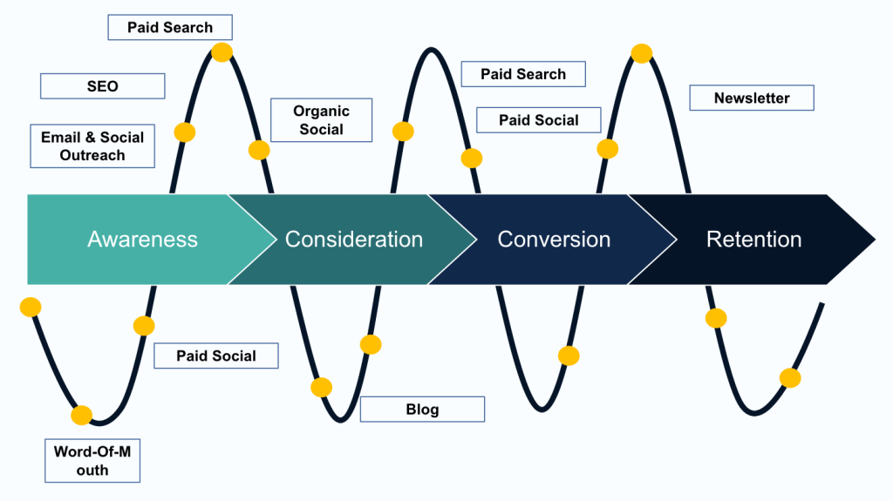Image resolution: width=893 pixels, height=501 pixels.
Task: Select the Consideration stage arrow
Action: [x=353, y=239]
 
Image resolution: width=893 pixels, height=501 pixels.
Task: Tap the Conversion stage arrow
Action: [x=553, y=239]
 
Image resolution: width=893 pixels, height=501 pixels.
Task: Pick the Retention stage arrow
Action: [x=753, y=239]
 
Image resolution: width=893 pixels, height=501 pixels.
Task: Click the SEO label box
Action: [x=102, y=86]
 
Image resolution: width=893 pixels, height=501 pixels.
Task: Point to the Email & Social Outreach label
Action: [x=92, y=146]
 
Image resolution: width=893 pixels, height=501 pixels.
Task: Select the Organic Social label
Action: [x=321, y=120]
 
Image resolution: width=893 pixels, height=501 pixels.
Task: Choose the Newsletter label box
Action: [x=751, y=98]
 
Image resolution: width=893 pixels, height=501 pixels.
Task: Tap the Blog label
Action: [x=422, y=410]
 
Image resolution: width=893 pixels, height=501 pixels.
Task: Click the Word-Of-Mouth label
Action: [x=92, y=460]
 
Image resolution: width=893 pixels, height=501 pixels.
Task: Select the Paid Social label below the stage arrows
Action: [x=216, y=355]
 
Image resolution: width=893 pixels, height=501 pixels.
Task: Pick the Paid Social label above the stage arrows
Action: [x=538, y=119]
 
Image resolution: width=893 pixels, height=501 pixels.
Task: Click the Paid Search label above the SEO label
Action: [x=170, y=27]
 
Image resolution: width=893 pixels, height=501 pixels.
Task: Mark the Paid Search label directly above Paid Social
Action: [x=522, y=74]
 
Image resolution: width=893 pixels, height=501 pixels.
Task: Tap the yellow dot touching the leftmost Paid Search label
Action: [x=222, y=52]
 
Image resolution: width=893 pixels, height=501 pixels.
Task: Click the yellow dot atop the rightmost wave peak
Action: [x=642, y=53]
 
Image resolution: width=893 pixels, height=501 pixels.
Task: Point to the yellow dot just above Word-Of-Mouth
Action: [x=81, y=415]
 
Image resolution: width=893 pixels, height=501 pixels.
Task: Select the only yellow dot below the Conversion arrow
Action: [x=569, y=355]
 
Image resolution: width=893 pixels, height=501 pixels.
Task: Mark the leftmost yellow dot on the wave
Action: [x=31, y=307]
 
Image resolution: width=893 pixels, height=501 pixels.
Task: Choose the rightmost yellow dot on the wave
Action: [x=790, y=378]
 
